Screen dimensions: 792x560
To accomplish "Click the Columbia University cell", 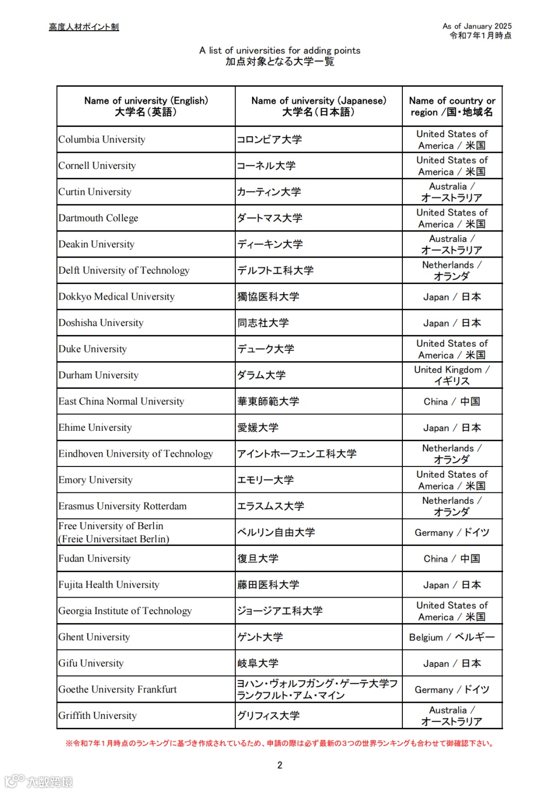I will [102, 139].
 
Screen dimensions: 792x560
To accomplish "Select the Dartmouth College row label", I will [99, 218].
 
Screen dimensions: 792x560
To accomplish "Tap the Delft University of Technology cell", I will [124, 271].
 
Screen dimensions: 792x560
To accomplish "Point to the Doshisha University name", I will [101, 323].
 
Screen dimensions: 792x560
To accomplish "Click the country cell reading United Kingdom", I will [452, 375].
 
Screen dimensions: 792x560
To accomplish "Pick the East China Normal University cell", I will [121, 402].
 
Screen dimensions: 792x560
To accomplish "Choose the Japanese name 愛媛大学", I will [258, 428].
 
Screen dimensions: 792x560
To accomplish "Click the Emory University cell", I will [96, 480].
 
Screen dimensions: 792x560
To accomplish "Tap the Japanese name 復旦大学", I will [258, 559].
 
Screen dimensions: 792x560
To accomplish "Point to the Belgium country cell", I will [452, 637].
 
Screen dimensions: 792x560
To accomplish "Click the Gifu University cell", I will [91, 663].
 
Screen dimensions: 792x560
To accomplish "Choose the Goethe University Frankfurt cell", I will [118, 689].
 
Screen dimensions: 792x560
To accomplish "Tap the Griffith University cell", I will [97, 716].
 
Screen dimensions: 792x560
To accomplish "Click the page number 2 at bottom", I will [280, 765].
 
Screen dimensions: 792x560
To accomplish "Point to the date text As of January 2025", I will [477, 26].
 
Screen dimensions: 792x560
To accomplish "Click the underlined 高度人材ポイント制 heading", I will [84, 27].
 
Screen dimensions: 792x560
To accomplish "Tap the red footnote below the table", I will [280, 743].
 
